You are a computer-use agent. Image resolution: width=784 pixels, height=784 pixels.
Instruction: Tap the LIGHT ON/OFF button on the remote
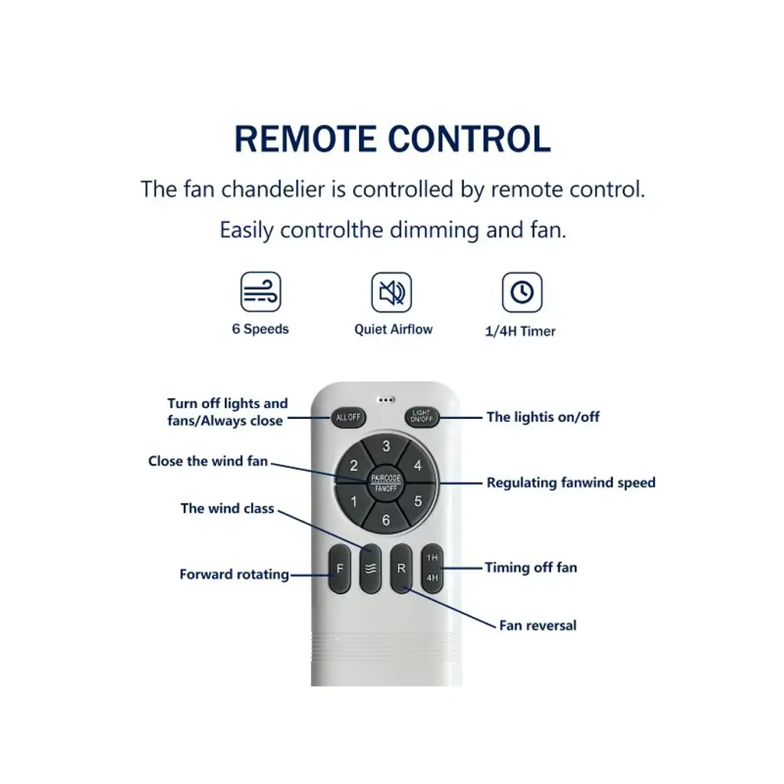[422, 416]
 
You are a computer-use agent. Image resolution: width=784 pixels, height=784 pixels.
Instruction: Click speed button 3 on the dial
[386, 448]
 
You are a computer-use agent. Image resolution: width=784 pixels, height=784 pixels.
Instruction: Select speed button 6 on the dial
[386, 518]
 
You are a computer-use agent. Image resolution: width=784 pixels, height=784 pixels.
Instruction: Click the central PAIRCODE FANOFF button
[386, 484]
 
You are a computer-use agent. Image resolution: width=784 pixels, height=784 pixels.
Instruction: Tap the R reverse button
[401, 569]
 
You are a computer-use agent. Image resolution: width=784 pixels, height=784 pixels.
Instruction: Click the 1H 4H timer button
[433, 569]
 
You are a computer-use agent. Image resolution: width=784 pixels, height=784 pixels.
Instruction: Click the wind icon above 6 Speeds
[260, 292]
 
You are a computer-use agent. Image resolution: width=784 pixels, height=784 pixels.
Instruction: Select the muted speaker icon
[391, 292]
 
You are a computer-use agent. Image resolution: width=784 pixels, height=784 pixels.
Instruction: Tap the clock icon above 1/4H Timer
[522, 292]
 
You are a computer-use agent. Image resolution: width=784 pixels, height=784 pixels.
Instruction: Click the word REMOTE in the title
[305, 139]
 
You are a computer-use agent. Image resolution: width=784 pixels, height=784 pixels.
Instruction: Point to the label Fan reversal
[538, 626]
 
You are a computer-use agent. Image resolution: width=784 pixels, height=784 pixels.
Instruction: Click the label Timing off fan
[531, 567]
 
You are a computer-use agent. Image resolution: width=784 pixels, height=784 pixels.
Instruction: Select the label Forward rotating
[234, 574]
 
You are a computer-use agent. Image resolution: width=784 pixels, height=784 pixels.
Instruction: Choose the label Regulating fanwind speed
[571, 482]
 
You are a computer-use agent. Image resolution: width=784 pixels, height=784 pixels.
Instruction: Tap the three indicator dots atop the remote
[386, 400]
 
